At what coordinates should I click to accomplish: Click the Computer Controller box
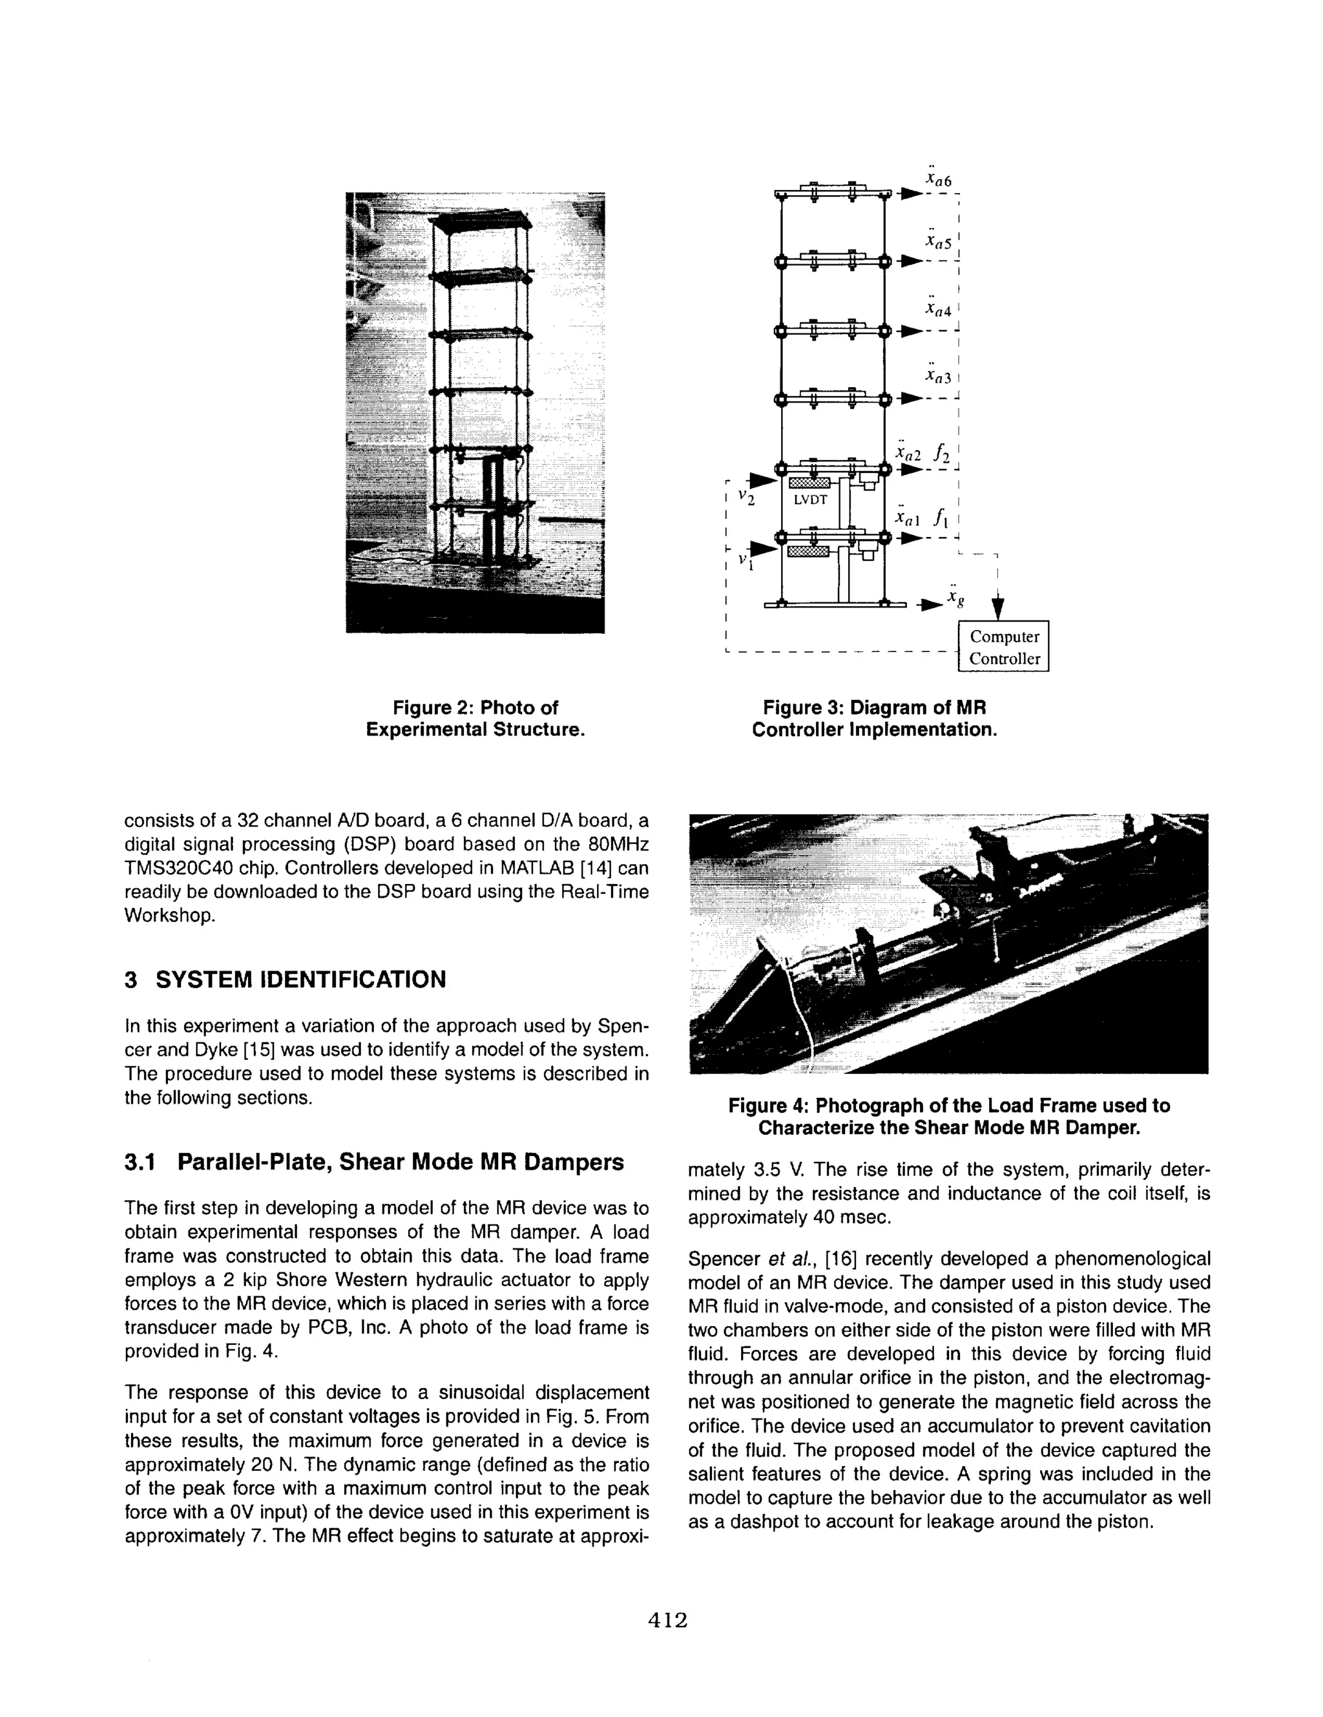1003,647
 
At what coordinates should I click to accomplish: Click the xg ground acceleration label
954,598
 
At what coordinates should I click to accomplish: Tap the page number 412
667,1619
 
